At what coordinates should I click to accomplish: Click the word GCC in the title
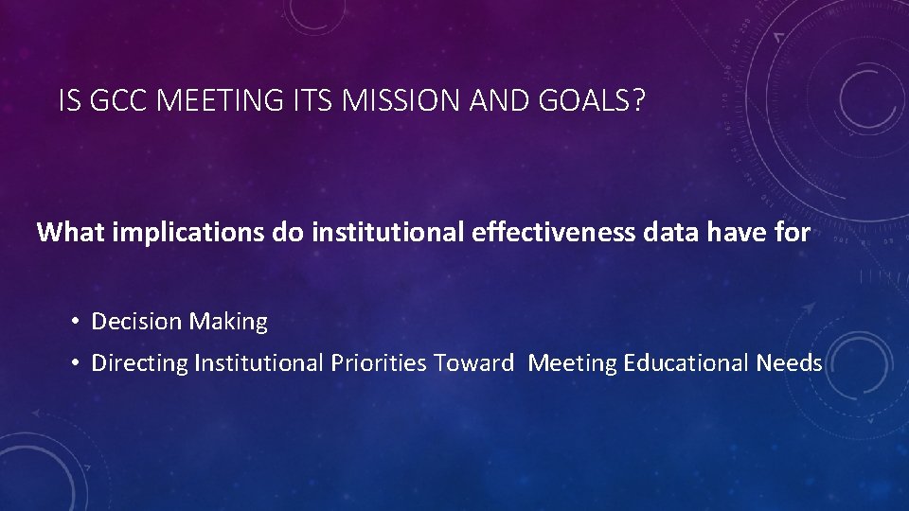click(116, 101)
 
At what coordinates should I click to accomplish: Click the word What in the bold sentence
click(71, 233)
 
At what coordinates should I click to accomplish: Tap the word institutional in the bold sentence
click(381, 233)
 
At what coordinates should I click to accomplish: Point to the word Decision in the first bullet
click(136, 322)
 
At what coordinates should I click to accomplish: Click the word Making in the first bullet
click(228, 323)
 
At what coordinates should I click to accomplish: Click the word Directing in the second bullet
click(140, 363)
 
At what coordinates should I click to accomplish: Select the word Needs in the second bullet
click(789, 363)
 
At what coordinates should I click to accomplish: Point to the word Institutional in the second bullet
click(259, 363)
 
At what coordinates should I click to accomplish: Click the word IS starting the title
click(67, 101)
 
